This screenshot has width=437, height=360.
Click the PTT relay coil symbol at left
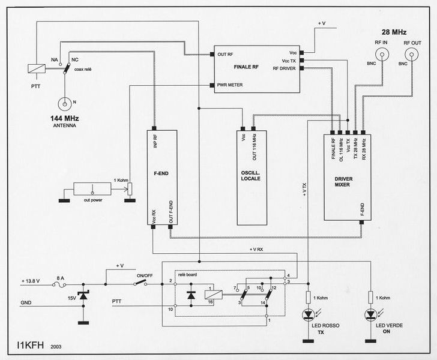[x=36, y=69]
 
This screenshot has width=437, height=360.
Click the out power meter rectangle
[x=92, y=191]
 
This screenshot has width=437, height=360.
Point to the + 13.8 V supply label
[x=34, y=281]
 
